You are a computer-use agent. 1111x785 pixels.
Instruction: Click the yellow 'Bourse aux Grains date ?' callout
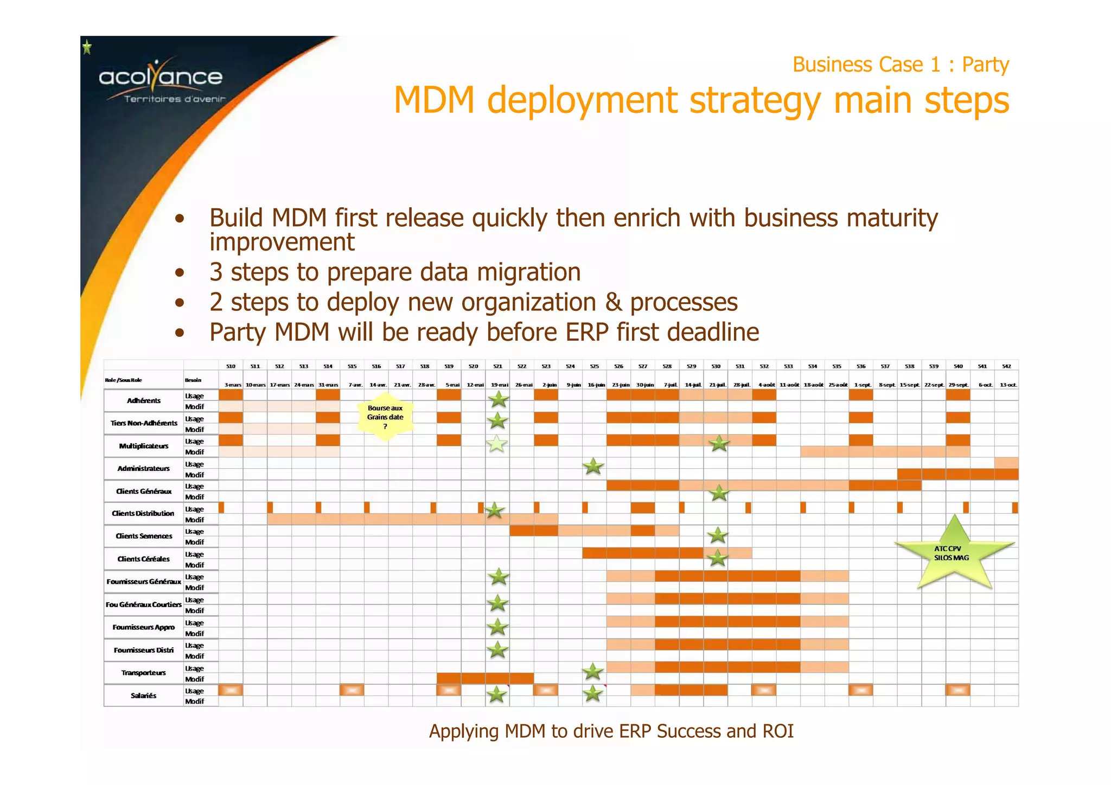[385, 417]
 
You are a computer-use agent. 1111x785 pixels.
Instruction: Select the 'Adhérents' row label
[144, 401]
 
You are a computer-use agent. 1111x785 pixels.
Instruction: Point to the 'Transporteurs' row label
[144, 673]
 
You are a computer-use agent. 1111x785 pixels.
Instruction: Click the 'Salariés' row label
[144, 695]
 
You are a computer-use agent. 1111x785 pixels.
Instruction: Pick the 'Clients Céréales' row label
[144, 559]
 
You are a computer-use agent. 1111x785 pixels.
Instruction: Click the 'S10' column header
[231, 366]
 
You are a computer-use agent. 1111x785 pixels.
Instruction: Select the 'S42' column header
[1006, 366]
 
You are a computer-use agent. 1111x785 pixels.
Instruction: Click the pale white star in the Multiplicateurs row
[497, 444]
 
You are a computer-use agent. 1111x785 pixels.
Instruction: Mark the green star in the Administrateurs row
[593, 466]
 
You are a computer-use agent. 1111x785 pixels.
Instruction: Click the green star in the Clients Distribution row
[494, 510]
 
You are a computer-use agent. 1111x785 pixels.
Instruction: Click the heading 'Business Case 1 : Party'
[901, 65]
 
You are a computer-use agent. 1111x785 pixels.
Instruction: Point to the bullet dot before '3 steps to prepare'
[180, 273]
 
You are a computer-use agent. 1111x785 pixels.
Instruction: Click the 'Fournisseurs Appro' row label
[144, 627]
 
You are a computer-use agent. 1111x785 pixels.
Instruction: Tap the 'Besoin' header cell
[193, 380]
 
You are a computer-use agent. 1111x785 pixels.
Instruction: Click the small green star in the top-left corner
[87, 48]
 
